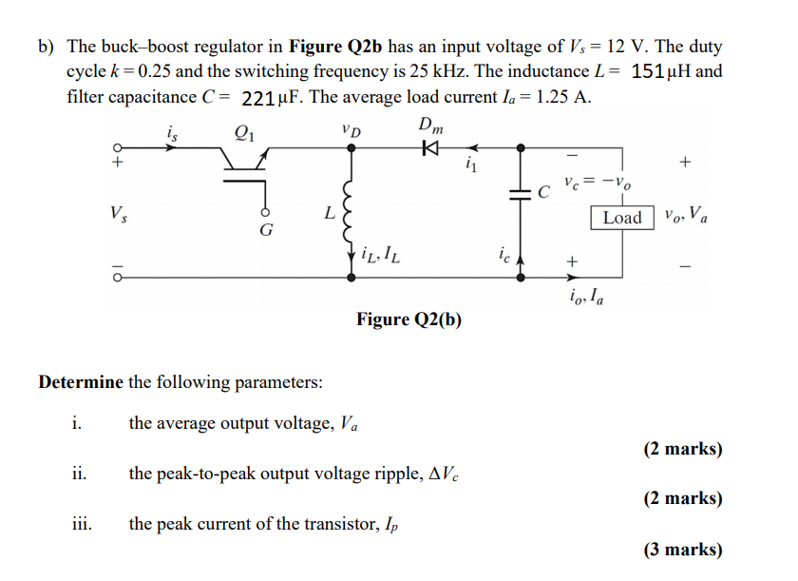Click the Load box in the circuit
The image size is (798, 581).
pyautogui.click(x=622, y=218)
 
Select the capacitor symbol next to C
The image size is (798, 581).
pyautogui.click(x=520, y=194)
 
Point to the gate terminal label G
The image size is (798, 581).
pyautogui.click(x=266, y=230)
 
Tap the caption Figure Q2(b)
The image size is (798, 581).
pyautogui.click(x=409, y=320)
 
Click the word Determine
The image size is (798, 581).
pyautogui.click(x=81, y=382)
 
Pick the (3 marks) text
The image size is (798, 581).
pyautogui.click(x=682, y=549)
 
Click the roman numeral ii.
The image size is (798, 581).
pyautogui.click(x=79, y=473)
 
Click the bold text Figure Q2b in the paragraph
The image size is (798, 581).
pyautogui.click(x=333, y=47)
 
